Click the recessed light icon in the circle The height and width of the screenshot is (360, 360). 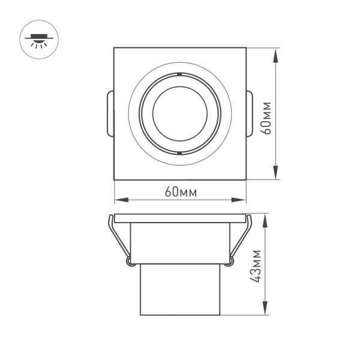click(40, 40)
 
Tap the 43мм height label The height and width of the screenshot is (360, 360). click(257, 265)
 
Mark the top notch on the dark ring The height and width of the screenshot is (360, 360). click(180, 74)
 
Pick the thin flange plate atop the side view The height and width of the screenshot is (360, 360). click(180, 217)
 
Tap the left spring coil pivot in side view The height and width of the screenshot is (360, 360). click(129, 261)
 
